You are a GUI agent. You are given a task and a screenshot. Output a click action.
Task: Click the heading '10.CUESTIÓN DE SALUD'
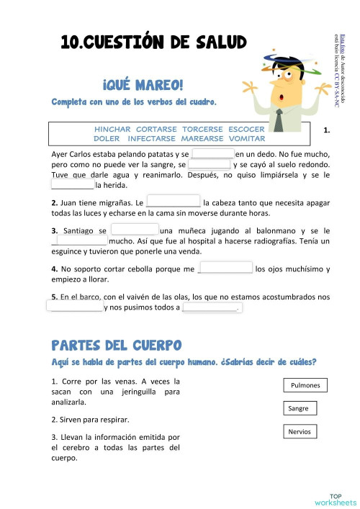153,44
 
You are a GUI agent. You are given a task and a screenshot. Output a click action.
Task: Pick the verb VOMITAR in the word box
246,138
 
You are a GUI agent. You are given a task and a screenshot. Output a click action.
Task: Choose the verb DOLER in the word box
107,138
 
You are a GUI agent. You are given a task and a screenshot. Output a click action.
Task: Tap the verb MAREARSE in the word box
199,138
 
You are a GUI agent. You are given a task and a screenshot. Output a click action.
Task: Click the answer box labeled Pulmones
305,385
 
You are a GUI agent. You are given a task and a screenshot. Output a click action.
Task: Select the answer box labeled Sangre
298,408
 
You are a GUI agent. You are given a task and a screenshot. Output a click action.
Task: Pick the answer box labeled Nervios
300,431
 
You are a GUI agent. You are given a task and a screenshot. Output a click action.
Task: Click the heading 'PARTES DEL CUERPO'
117,346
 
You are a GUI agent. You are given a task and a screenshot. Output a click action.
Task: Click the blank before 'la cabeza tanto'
173,203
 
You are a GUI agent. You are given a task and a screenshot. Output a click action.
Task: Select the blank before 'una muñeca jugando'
133,230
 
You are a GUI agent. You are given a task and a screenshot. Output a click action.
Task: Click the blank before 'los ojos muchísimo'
225,269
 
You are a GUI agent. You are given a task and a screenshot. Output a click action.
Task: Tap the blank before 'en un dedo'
213,154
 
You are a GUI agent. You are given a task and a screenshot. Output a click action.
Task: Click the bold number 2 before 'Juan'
55,204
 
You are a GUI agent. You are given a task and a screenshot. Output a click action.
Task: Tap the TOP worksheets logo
335,499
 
